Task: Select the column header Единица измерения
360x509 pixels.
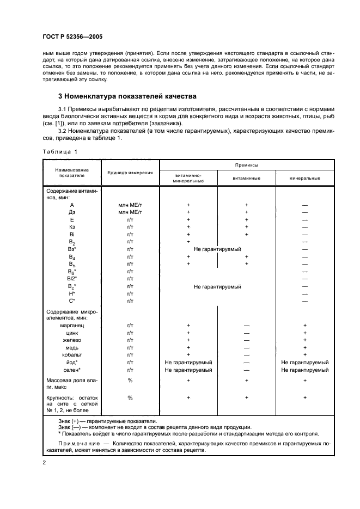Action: [x=130, y=173]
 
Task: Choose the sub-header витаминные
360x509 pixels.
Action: [x=246, y=178]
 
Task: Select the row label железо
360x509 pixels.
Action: [x=72, y=340]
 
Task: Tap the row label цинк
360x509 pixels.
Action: [x=72, y=333]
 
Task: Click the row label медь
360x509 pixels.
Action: [x=72, y=347]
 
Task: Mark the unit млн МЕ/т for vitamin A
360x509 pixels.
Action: [x=130, y=205]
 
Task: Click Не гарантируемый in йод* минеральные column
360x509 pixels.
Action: [x=305, y=362]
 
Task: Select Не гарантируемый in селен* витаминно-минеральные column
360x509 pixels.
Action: [x=188, y=370]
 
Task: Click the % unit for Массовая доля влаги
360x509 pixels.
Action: [x=130, y=380]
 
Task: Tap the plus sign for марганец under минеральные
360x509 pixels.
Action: [x=305, y=325]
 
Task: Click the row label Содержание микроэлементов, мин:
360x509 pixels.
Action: [x=71, y=314]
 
